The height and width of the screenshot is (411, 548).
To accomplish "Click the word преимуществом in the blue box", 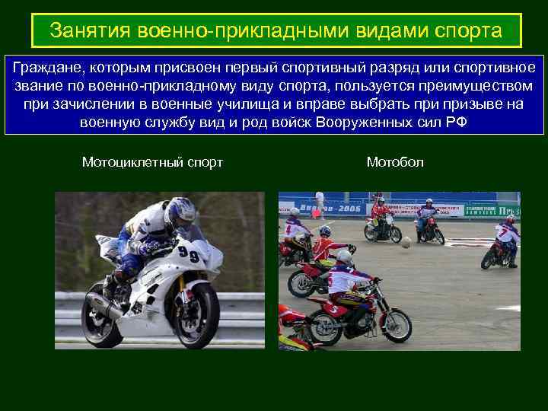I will pyautogui.click(x=474, y=85).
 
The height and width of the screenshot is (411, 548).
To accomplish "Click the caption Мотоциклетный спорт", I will pyautogui.click(x=152, y=162).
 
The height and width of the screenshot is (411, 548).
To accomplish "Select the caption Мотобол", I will pyautogui.click(x=395, y=162).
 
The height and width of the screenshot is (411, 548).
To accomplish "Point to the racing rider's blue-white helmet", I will pyautogui.click(x=180, y=214).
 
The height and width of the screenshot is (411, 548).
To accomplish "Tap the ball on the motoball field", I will pyautogui.click(x=406, y=243).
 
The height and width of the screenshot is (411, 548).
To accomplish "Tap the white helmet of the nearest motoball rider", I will pyautogui.click(x=345, y=256).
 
